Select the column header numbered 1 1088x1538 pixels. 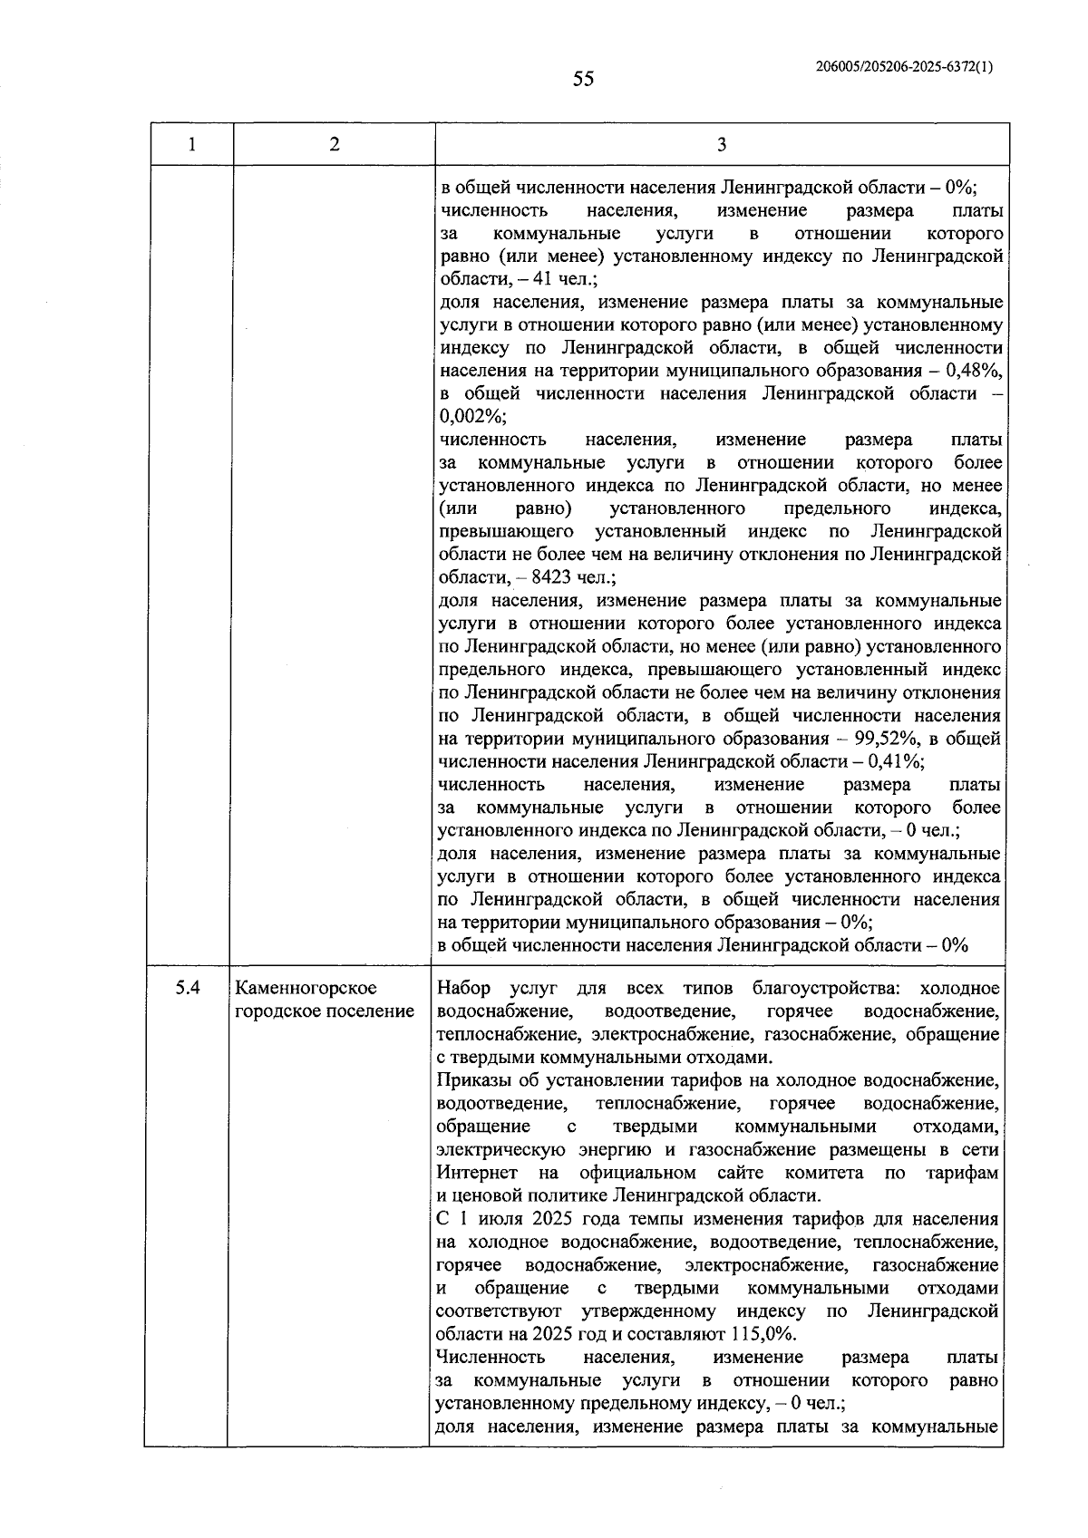pyautogui.click(x=191, y=144)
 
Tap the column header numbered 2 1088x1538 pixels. pyautogui.click(x=335, y=144)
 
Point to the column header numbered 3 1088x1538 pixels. pyautogui.click(x=722, y=144)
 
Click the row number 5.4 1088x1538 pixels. pyautogui.click(x=188, y=988)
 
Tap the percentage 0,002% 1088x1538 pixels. pyautogui.click(x=471, y=417)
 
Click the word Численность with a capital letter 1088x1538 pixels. pyautogui.click(x=490, y=1357)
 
